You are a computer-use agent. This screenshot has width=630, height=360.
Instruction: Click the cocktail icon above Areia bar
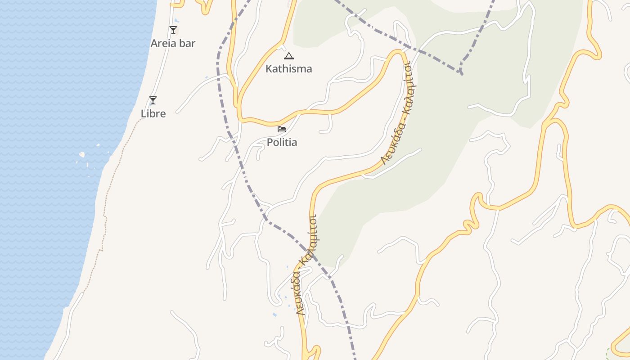tap(173, 30)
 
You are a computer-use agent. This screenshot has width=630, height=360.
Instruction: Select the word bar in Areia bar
tap(187, 44)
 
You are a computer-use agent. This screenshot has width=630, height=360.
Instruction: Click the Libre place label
tap(153, 114)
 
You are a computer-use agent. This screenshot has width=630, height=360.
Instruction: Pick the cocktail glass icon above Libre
tap(153, 100)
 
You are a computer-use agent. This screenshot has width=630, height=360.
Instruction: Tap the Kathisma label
tap(288, 69)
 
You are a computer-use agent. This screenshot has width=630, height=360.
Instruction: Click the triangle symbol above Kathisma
tap(288, 56)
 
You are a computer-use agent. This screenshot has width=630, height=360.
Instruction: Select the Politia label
tap(282, 143)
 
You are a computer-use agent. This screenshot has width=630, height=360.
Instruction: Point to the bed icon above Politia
tap(282, 129)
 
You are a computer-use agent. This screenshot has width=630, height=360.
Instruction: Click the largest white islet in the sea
tap(82, 155)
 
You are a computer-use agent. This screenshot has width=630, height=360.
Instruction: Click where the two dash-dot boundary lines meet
tap(461, 72)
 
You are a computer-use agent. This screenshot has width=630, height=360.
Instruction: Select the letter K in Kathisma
tap(269, 69)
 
